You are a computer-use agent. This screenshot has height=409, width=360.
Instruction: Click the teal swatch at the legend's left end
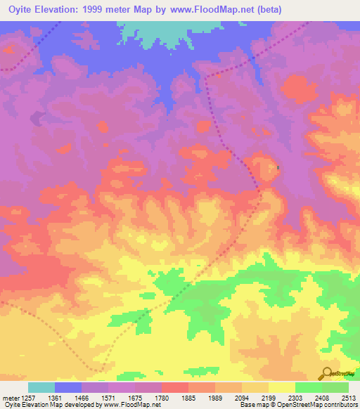tap(41, 387)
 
